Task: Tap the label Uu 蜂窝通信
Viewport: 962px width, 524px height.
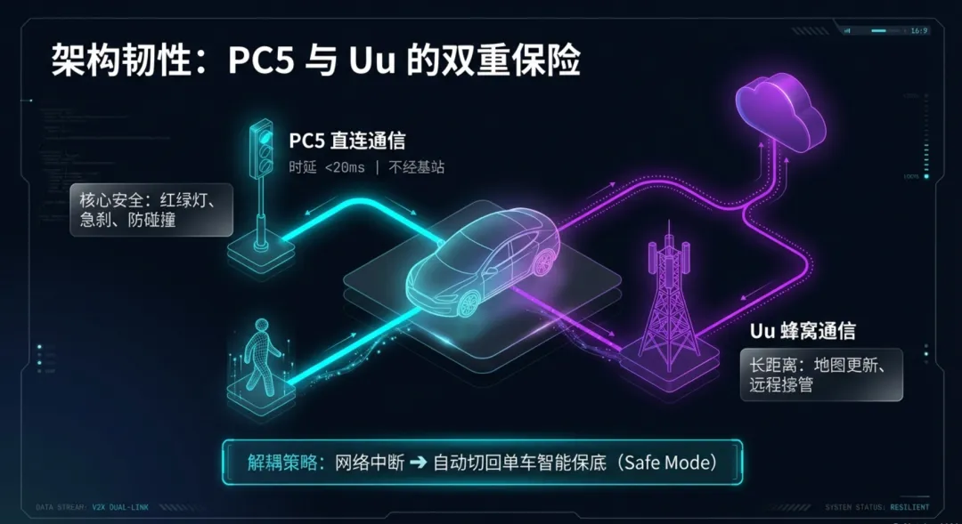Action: [x=802, y=332]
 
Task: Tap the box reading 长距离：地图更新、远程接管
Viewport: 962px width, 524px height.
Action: [x=820, y=375]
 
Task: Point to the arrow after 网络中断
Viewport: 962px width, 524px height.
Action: [x=420, y=463]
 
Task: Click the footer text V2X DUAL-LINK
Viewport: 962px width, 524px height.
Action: [x=119, y=507]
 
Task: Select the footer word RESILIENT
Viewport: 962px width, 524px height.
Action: [x=909, y=507]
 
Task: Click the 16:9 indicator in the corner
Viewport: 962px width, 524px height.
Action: [x=919, y=30]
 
